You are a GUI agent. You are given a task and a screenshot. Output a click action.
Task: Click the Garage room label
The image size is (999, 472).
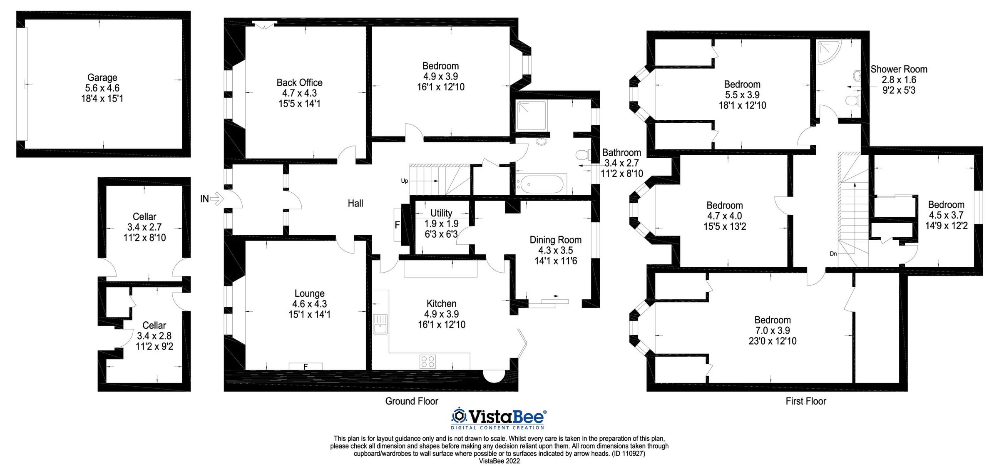click(102, 77)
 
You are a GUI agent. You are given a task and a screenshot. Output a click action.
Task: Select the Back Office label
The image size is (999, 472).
click(299, 82)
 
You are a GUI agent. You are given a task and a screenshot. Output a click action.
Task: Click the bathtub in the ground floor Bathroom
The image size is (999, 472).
click(541, 184)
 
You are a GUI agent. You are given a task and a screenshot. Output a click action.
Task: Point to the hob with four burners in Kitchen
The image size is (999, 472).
click(428, 361)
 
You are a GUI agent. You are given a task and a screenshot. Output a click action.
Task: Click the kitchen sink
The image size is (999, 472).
click(380, 324)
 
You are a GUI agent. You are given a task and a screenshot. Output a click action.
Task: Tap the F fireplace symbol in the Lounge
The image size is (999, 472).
click(306, 367)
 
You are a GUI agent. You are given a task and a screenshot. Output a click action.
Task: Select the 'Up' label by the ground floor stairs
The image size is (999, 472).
click(404, 181)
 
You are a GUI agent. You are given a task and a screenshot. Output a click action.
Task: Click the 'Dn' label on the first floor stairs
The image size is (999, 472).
click(833, 253)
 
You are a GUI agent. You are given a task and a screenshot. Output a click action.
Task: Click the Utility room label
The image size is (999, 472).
click(441, 213)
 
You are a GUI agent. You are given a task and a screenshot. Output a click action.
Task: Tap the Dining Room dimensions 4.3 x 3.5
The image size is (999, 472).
click(555, 251)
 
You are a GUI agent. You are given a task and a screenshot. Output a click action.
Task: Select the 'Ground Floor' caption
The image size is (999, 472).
click(411, 401)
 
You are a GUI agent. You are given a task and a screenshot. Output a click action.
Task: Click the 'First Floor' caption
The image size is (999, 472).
click(805, 401)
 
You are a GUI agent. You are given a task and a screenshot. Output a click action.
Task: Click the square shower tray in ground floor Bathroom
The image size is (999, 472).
click(531, 114)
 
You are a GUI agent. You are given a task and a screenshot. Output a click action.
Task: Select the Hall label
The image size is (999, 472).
click(355, 204)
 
